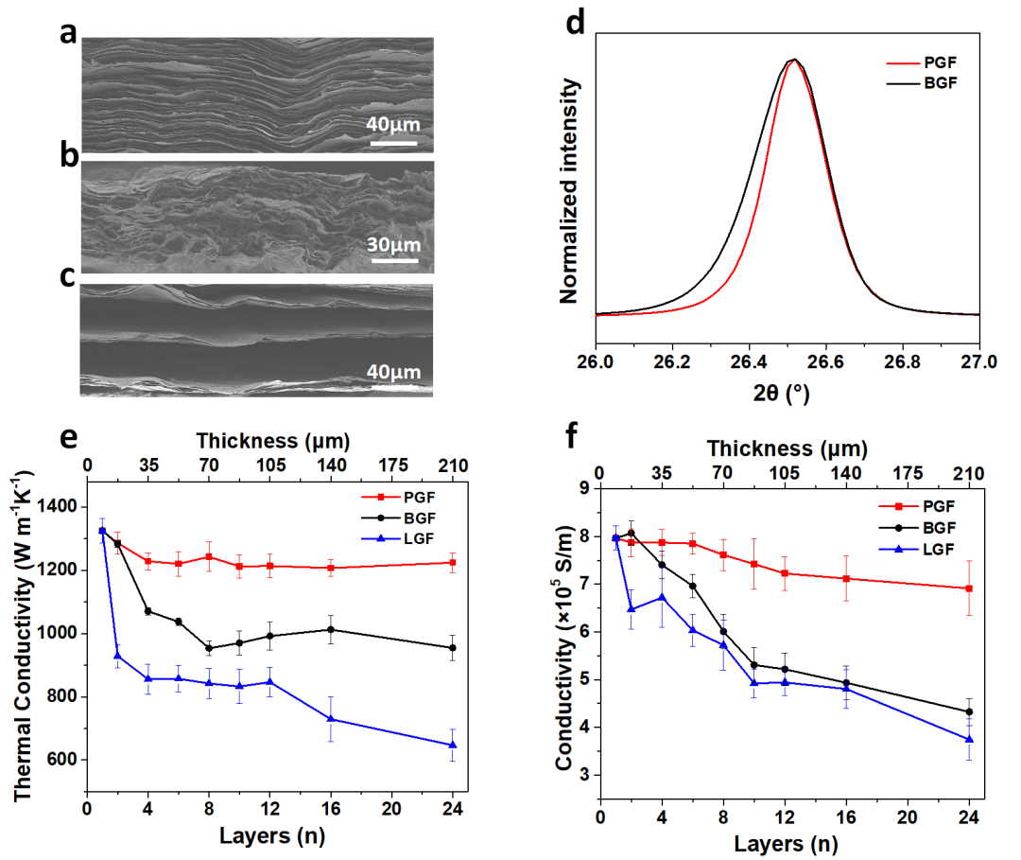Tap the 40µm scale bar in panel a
392,144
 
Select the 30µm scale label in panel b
392,245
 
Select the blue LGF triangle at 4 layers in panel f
662,597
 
